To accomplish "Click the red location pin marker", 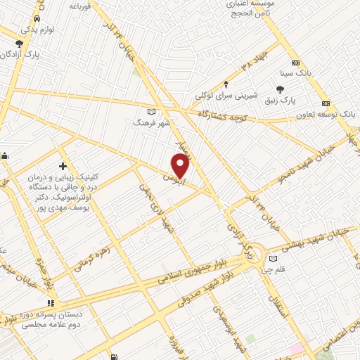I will [x=181, y=166].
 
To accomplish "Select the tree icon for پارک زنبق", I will [x=281, y=89].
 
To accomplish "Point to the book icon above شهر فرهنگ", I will [x=153, y=111].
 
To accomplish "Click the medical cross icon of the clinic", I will [x=63, y=167].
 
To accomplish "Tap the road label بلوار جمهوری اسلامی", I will [x=196, y=271].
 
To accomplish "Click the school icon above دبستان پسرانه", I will [x=50, y=302].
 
